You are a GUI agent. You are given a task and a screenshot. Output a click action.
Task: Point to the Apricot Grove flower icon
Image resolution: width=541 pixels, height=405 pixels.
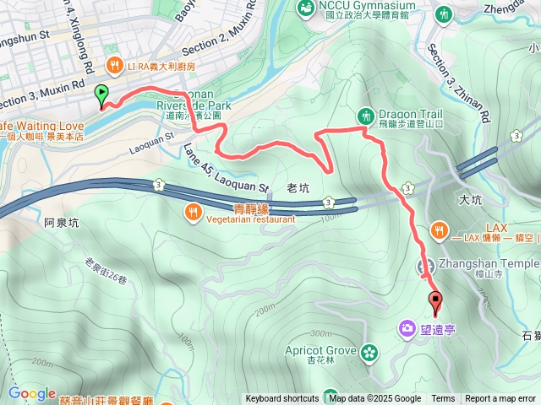click(368, 352)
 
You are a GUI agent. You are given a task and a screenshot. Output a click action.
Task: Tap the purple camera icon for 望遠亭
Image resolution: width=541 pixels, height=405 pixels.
click(407, 327)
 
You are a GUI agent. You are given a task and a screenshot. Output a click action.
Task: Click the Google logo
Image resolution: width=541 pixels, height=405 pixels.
click(31, 393)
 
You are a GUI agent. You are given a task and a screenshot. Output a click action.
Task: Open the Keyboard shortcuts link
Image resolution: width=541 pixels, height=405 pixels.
click(282, 399)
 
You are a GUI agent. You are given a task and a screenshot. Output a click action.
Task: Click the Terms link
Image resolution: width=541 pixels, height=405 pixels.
click(443, 399)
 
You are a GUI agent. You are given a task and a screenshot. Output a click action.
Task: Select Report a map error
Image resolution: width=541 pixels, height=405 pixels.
click(500, 399)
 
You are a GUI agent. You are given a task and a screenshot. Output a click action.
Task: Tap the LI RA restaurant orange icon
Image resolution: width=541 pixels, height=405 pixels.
click(113, 65)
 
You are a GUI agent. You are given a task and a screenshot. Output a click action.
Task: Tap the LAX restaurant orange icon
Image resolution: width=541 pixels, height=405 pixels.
click(439, 229)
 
